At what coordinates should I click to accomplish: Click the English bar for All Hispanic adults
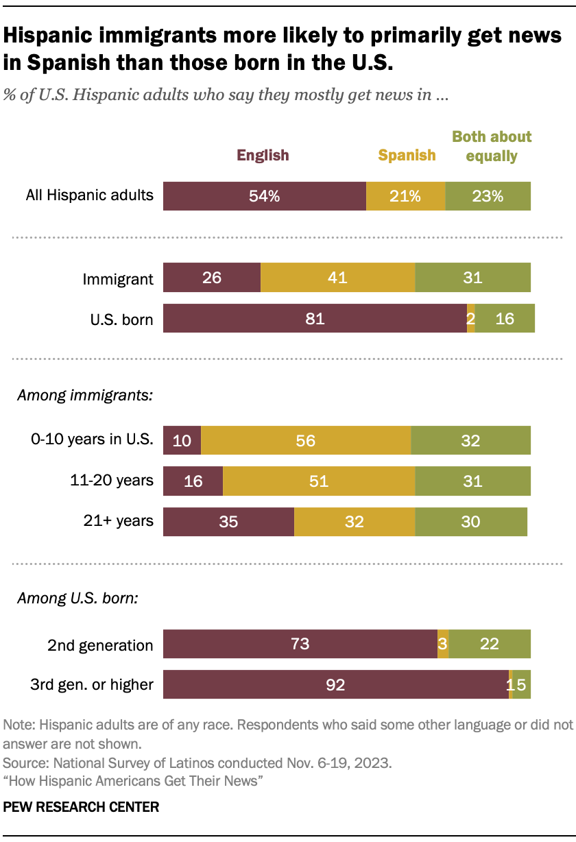(x=264, y=196)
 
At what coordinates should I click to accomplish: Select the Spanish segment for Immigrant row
(x=337, y=278)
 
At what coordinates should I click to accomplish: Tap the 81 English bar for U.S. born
(x=315, y=319)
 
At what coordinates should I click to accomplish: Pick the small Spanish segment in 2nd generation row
(x=443, y=644)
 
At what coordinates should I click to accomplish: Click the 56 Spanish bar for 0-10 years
(x=306, y=440)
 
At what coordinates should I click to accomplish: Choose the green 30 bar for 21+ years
(x=471, y=522)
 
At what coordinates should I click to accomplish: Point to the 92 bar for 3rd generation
(x=335, y=684)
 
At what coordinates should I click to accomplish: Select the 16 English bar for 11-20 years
(x=193, y=481)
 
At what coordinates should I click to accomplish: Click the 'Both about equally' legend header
(x=492, y=146)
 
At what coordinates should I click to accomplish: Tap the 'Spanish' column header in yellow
(x=407, y=155)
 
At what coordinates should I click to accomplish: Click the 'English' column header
(x=263, y=155)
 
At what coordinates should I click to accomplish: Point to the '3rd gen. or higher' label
(x=91, y=684)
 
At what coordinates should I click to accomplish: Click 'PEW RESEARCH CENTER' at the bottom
(x=81, y=807)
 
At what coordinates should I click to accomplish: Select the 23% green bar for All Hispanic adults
(x=488, y=196)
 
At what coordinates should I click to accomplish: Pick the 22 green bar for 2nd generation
(x=490, y=644)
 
